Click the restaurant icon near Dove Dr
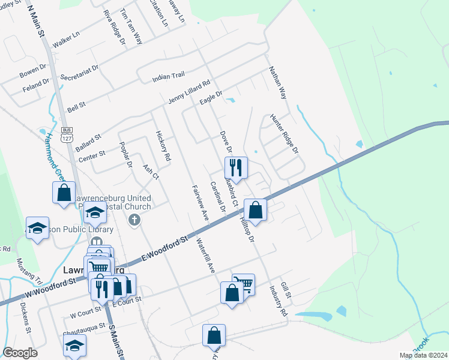tap(236, 167)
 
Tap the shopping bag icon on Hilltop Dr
tap(255, 210)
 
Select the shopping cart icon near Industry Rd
tap(243, 284)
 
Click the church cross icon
tap(134, 220)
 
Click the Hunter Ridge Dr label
tap(284, 134)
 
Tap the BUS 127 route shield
tap(67, 133)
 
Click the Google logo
tap(20, 353)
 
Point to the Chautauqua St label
tap(75, 328)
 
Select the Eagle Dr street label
tap(211, 96)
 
